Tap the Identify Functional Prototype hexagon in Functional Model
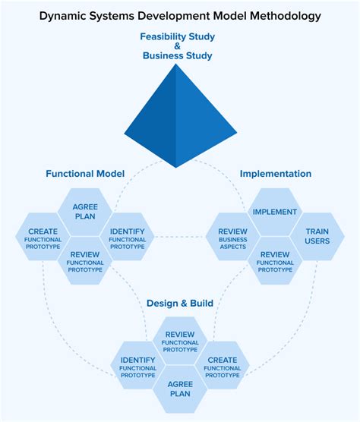pos(127,236)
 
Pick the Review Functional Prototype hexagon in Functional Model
pos(85,260)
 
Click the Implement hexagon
pos(274,212)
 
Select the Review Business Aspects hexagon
pos(232,236)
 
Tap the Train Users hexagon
pos(316,236)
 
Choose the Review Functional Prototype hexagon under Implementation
pos(274,260)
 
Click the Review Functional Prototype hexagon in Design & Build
pos(180,340)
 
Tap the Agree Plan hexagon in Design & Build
pos(180,389)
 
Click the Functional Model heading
pos(85,174)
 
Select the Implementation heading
pos(275,174)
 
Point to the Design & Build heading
pos(180,303)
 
